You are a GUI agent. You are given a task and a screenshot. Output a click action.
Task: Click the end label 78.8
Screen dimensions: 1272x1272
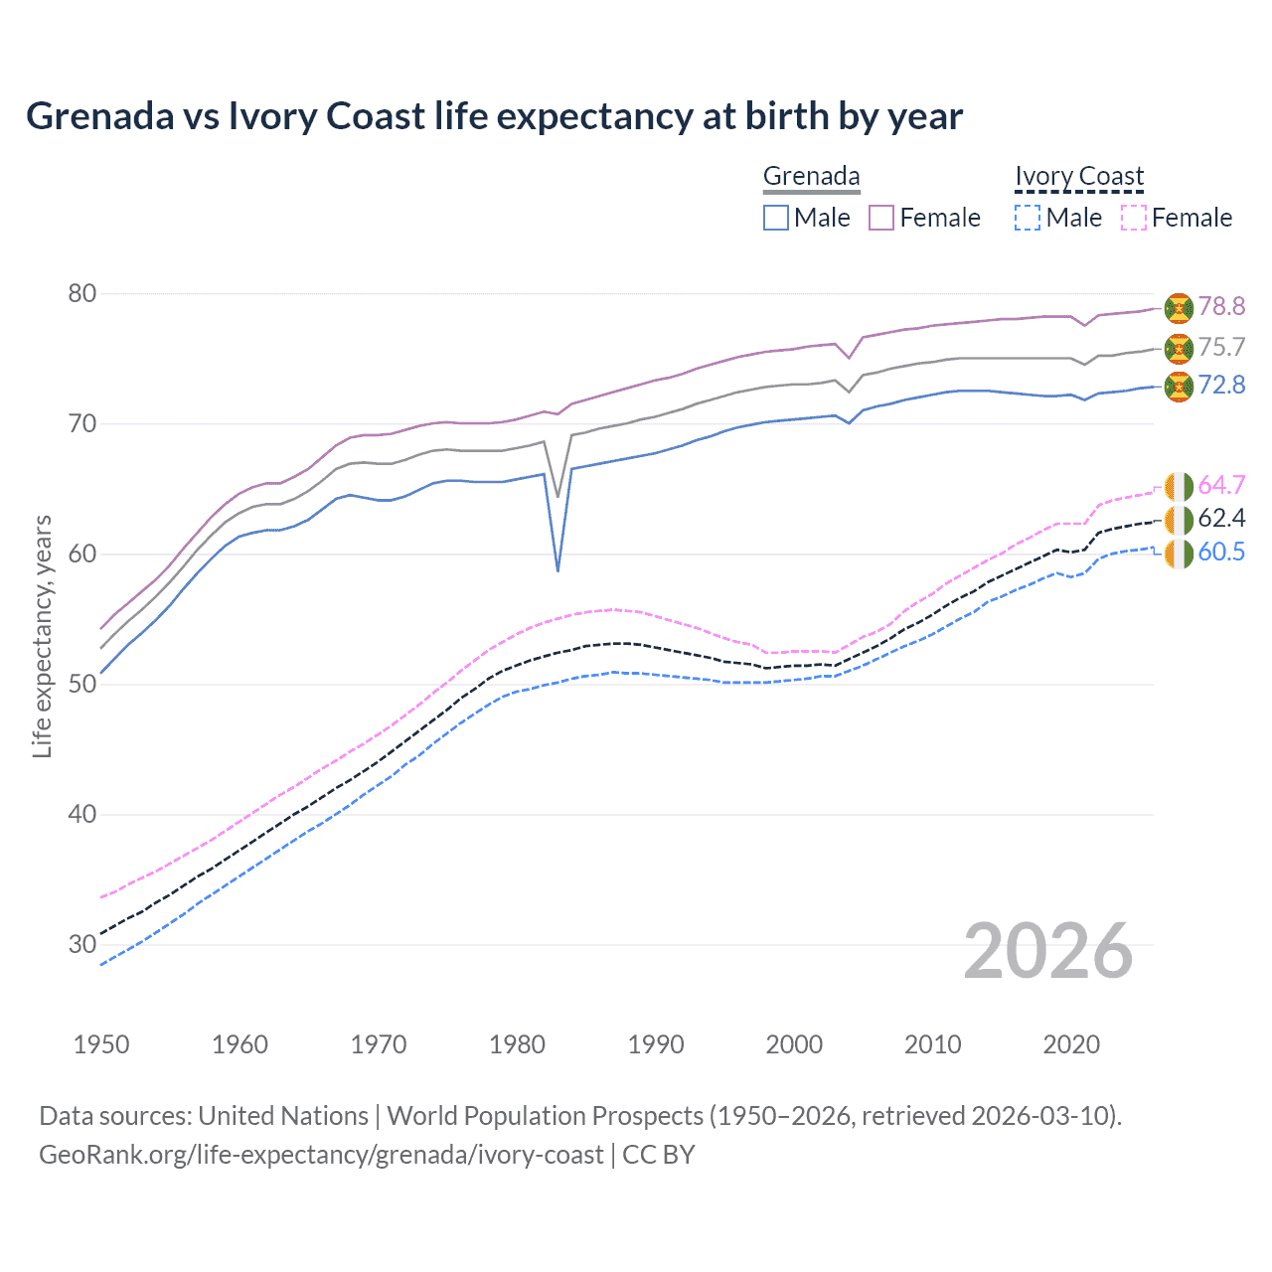tap(1220, 307)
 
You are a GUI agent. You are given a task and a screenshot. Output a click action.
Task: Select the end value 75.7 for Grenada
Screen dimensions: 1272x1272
tap(1220, 348)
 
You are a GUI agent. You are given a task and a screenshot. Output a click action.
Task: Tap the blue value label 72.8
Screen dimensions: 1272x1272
tap(1220, 386)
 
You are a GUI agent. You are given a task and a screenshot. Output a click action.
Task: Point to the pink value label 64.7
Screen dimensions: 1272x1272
tap(1220, 486)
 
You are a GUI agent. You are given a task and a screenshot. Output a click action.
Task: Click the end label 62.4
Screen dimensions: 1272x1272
tap(1220, 519)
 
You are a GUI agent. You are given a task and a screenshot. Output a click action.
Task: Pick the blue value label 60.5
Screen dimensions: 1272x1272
tap(1220, 553)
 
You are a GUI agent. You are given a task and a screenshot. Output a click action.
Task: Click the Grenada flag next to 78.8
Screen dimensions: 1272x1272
tap(1179, 308)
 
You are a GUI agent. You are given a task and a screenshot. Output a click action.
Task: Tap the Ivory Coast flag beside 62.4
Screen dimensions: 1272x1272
tap(1179, 520)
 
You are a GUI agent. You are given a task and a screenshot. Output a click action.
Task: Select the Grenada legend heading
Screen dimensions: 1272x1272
tap(811, 177)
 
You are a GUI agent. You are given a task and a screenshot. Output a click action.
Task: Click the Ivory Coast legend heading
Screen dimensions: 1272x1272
tap(1079, 177)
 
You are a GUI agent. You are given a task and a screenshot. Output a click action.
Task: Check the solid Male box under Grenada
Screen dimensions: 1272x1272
tap(776, 218)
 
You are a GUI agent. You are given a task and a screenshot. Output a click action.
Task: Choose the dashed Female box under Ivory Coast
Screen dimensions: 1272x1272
tap(1134, 218)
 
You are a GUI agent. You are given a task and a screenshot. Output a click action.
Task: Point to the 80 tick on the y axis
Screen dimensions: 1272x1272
tap(82, 294)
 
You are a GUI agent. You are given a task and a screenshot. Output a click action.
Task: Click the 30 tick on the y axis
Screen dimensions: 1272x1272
tap(82, 945)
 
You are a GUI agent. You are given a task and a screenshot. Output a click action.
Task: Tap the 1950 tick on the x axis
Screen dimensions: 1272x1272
tap(101, 1044)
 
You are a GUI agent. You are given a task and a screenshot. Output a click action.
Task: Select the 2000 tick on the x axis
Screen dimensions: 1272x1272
tap(794, 1044)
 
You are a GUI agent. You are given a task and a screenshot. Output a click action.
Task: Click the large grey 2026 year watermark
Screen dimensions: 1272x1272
tap(1047, 952)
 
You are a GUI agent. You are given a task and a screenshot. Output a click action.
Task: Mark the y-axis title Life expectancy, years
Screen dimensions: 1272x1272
tap(42, 636)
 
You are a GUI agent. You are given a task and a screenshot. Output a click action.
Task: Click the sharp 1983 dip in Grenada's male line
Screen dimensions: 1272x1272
tap(557, 568)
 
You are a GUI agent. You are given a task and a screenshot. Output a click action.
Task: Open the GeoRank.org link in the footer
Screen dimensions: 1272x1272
tap(321, 1155)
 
